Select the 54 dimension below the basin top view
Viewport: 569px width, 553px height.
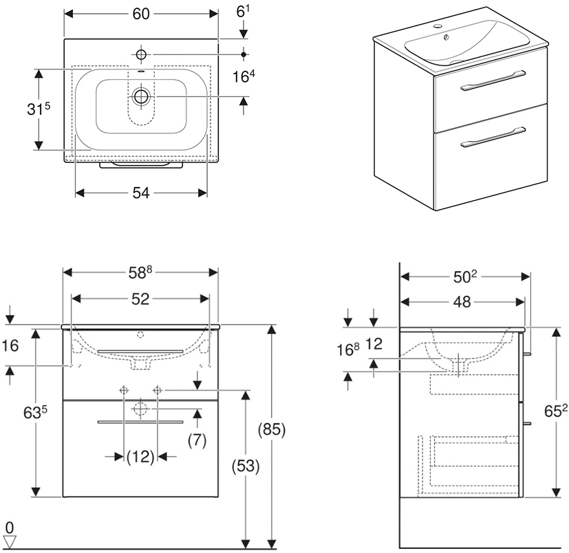point(140,193)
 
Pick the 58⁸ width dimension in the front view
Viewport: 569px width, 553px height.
point(141,272)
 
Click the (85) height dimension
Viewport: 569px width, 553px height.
point(274,430)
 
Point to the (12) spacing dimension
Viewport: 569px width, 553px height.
point(140,456)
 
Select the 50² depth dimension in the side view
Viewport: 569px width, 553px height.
point(466,277)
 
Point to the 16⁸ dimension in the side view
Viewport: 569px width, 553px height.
point(349,349)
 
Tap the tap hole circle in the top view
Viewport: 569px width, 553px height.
point(141,54)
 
